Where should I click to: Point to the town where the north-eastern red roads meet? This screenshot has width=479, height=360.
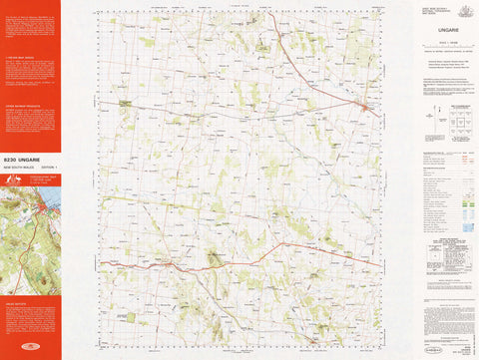pos(365,107)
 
